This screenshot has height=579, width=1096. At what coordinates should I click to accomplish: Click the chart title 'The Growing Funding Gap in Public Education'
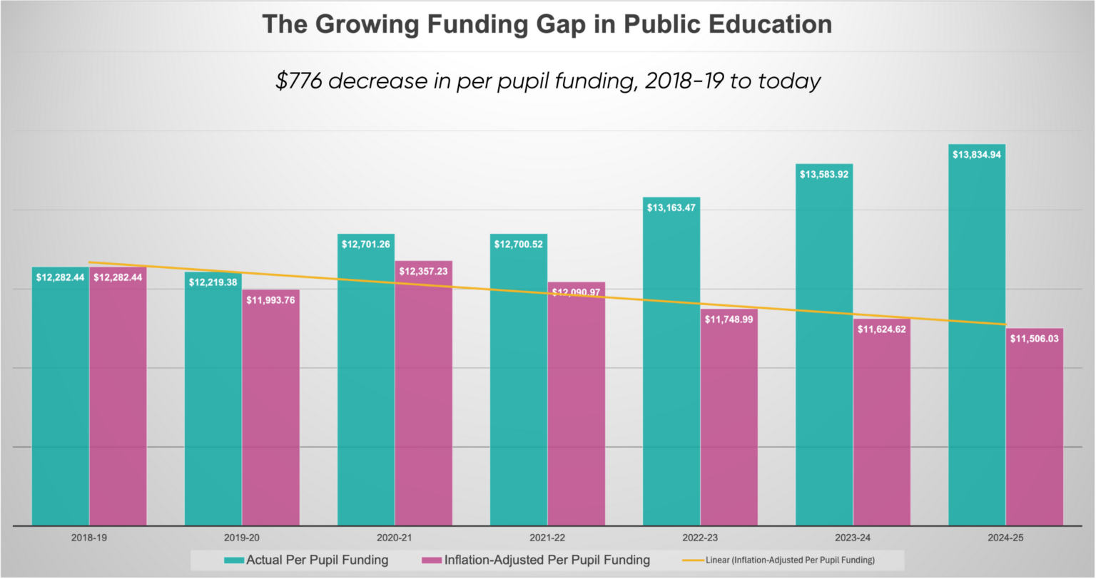[x=547, y=24]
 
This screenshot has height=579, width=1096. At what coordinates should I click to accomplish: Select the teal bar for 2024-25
[x=976, y=342]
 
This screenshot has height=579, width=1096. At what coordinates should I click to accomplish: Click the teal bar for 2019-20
[x=213, y=406]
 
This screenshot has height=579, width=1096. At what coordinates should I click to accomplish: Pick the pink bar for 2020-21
[x=423, y=399]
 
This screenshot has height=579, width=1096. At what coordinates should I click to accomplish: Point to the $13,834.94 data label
[x=976, y=155]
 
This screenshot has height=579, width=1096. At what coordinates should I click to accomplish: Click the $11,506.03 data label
[x=1034, y=339]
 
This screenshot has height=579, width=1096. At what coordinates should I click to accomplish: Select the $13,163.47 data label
[x=671, y=208]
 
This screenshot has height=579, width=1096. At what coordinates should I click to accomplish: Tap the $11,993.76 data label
[x=270, y=300]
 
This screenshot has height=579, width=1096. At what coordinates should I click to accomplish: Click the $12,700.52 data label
[x=518, y=245]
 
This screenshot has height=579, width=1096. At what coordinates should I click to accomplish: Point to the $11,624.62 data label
[x=881, y=329]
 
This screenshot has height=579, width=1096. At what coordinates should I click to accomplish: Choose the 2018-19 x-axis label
[x=89, y=538]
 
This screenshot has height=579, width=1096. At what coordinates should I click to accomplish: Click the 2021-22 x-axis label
[x=547, y=538]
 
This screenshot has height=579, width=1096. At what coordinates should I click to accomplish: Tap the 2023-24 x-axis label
[x=853, y=538]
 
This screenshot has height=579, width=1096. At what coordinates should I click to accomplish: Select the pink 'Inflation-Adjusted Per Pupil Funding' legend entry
[x=536, y=560]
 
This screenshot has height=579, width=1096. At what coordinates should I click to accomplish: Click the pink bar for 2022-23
[x=729, y=428]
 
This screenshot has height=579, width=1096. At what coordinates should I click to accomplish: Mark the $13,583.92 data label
[x=823, y=174]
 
